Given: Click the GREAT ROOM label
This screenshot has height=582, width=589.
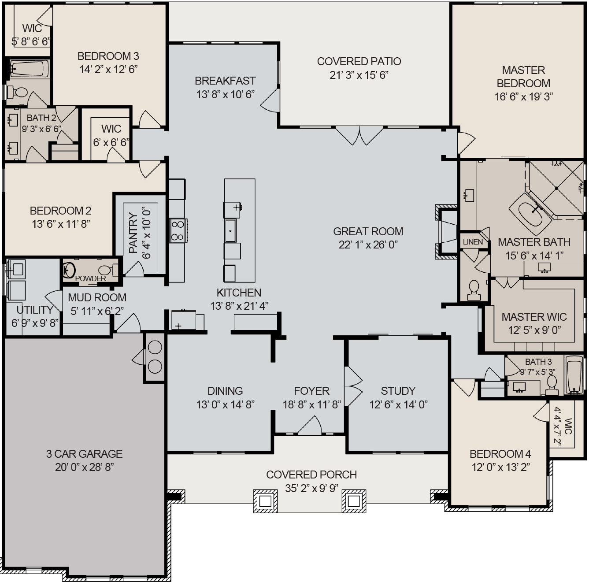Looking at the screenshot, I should (x=368, y=231).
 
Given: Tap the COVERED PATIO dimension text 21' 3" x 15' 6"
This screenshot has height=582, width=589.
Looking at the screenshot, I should (x=359, y=75).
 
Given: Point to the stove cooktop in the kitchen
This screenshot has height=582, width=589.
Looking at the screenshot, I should (x=178, y=230).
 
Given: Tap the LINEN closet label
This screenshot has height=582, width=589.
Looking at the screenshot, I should (x=473, y=242).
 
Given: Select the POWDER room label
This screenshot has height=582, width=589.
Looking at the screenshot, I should (x=90, y=278).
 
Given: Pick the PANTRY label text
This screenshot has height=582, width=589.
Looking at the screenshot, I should (x=133, y=234).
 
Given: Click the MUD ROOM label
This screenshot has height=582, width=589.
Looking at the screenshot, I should (x=97, y=297).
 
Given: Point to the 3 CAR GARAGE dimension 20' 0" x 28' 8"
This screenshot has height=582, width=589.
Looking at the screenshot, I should (x=84, y=467).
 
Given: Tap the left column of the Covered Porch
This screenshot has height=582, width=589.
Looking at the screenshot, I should (x=265, y=501).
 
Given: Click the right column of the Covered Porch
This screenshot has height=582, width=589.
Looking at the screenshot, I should (x=354, y=501).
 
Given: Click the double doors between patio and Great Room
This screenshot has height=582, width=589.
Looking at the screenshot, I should (x=360, y=135).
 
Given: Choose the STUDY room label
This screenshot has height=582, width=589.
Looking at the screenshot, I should (x=398, y=391).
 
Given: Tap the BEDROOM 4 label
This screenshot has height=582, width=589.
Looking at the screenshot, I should (x=500, y=454).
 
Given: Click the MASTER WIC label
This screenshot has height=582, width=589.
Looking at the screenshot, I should (x=534, y=317).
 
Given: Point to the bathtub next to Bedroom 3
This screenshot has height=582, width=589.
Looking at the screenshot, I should (x=29, y=69).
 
